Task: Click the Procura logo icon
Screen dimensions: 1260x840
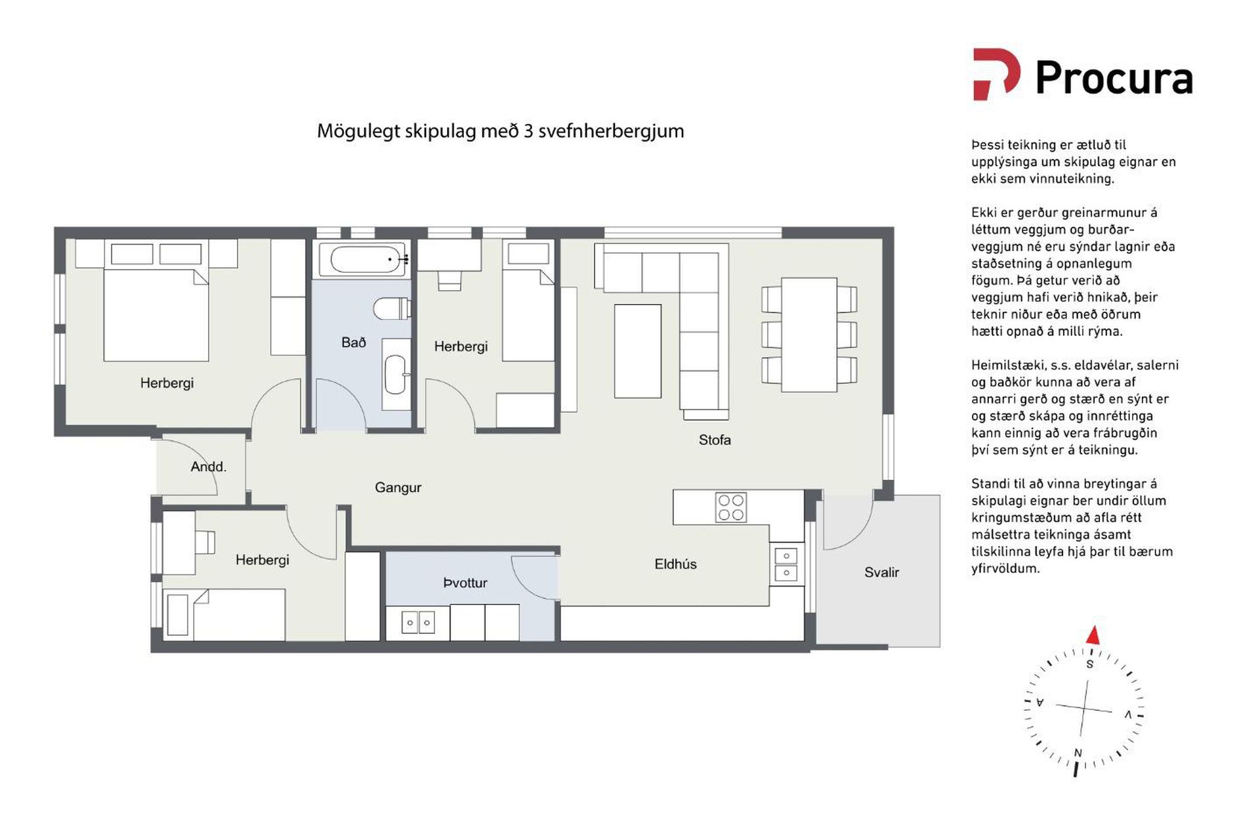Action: click(x=996, y=74)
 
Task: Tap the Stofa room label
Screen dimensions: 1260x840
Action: click(x=715, y=440)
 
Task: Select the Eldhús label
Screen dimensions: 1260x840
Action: click(x=675, y=564)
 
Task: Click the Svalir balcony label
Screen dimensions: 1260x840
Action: click(x=881, y=572)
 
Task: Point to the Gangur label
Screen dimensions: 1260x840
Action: click(x=398, y=488)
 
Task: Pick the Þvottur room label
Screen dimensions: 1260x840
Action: click(x=465, y=583)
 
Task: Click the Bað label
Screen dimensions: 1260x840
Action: click(x=354, y=342)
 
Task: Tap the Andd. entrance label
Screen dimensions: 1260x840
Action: click(x=208, y=467)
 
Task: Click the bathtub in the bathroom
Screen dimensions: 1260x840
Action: click(x=364, y=259)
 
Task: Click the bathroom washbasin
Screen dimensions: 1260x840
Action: click(x=395, y=375)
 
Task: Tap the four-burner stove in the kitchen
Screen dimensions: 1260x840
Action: click(x=730, y=507)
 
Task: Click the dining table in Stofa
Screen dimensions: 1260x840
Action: click(x=809, y=335)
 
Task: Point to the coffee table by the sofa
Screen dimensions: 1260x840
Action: click(x=637, y=351)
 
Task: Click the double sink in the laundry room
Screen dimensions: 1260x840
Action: click(x=418, y=622)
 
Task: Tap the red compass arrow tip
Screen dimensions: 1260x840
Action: click(x=1094, y=627)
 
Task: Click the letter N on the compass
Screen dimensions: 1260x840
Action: click(x=1078, y=753)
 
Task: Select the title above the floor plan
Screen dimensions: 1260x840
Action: click(x=501, y=131)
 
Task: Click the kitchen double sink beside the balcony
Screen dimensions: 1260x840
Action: click(x=786, y=565)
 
